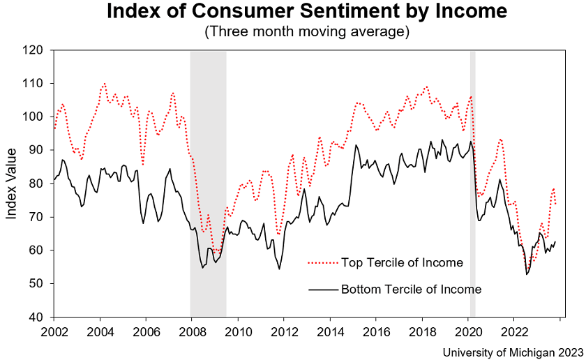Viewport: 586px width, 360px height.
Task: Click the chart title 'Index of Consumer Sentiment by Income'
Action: [307, 13]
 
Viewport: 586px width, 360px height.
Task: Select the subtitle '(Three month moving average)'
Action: [307, 32]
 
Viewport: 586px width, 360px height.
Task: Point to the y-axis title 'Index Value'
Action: [12, 183]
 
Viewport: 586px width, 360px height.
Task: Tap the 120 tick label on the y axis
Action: [33, 50]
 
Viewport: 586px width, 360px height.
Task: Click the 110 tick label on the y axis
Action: [33, 84]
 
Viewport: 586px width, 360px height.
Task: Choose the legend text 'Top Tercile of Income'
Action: [402, 263]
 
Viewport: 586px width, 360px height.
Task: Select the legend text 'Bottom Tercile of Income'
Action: [411, 288]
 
